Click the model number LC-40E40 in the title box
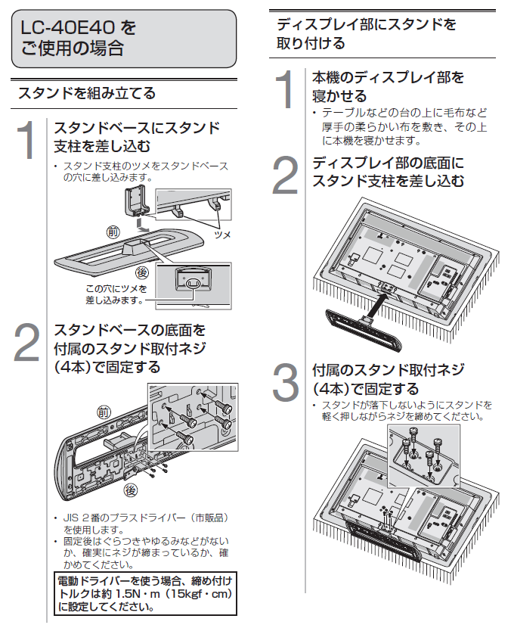69,29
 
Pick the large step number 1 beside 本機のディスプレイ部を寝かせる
284,89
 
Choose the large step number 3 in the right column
284,383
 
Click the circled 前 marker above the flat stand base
112,231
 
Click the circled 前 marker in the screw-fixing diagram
104,412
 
